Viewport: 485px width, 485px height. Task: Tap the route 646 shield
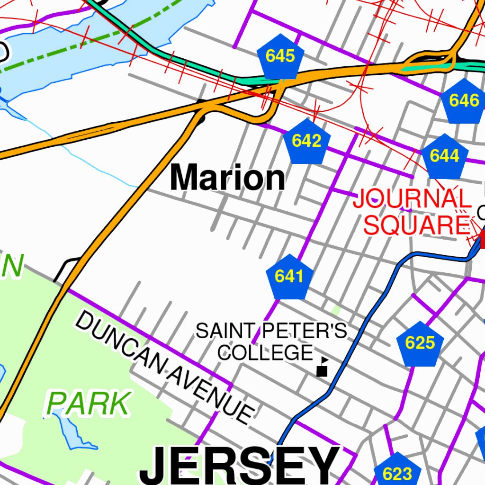[x=463, y=101]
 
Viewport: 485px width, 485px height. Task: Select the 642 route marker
[x=306, y=141]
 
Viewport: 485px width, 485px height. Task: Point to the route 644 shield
[x=444, y=156]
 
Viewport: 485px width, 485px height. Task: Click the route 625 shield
[x=420, y=343]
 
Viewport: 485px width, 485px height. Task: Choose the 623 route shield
[x=397, y=472]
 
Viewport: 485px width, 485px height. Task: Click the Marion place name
[x=228, y=178]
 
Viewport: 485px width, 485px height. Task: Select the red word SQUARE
[x=415, y=225]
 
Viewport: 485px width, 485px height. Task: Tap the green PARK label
[x=88, y=404]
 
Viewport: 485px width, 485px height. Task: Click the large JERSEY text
[x=240, y=467]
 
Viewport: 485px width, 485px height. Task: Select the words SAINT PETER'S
[x=271, y=331]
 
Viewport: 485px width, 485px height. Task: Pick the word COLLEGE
[x=266, y=352]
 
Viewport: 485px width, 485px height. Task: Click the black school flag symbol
[x=323, y=367]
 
